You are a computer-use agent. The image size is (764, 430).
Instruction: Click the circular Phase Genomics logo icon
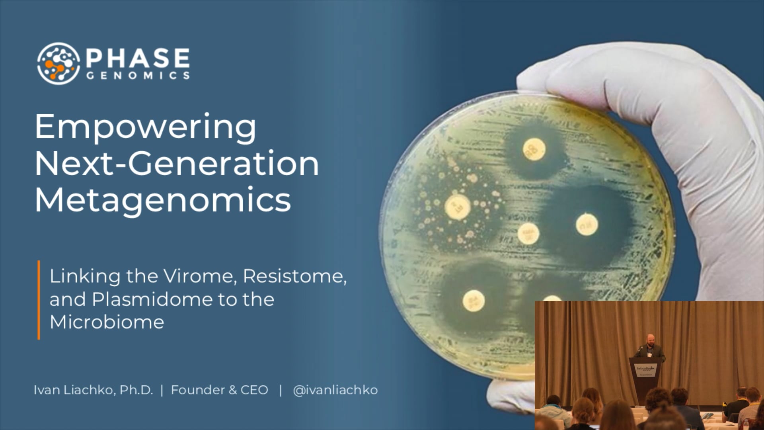(58, 63)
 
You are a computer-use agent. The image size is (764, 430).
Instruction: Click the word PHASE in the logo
(138, 58)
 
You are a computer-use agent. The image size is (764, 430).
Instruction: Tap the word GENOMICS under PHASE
(138, 76)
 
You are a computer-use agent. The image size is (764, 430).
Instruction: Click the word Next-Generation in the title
(177, 164)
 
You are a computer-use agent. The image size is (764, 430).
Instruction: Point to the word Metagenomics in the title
(163, 200)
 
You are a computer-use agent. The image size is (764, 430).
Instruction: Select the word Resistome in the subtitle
(294, 276)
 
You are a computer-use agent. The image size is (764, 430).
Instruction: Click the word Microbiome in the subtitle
(107, 322)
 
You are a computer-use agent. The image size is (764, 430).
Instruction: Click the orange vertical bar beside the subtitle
(39, 300)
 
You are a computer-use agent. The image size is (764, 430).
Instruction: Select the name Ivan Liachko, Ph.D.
(93, 390)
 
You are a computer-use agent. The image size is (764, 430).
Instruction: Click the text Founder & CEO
(219, 390)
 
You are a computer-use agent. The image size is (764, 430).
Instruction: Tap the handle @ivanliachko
(335, 390)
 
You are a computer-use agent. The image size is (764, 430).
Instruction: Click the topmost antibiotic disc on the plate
(534, 149)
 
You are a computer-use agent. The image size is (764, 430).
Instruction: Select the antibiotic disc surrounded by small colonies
(458, 207)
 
